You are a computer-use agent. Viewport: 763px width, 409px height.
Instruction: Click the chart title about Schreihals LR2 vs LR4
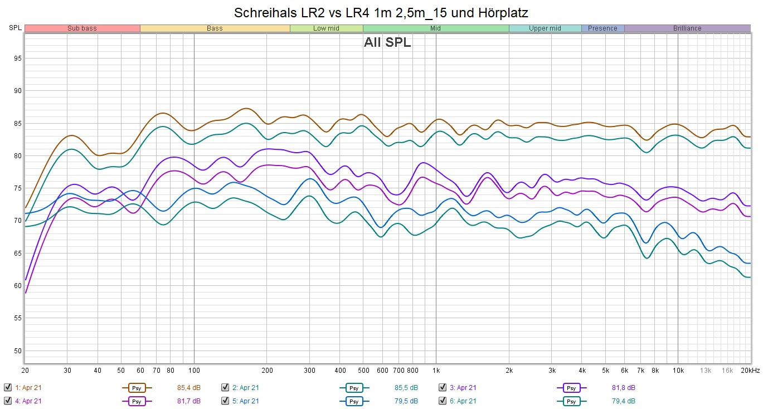(x=381, y=12)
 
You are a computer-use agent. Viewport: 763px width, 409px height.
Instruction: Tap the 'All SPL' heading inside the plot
(x=387, y=43)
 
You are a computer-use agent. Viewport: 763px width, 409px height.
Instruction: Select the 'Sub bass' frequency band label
(x=82, y=28)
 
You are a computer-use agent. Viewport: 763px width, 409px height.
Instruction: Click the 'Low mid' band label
(x=327, y=28)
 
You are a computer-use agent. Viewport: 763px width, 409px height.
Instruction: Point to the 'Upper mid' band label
(x=545, y=28)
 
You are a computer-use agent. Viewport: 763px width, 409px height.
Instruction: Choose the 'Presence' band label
(x=602, y=28)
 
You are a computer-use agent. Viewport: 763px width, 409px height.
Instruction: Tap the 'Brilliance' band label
(x=687, y=28)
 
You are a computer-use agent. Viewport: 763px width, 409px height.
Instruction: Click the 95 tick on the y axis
(x=18, y=59)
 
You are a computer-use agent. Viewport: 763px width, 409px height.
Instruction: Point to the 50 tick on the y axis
(x=18, y=351)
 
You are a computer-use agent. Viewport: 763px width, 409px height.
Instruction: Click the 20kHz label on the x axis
(x=749, y=371)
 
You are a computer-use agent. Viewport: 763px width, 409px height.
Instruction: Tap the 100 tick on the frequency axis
(x=194, y=371)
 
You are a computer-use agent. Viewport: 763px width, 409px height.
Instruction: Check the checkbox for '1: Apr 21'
(x=8, y=387)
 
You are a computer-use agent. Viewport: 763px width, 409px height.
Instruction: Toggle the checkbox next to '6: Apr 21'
(x=443, y=401)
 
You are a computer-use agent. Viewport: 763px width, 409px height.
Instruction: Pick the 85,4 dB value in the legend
(x=188, y=387)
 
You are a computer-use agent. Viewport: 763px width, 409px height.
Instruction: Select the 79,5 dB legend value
(x=406, y=401)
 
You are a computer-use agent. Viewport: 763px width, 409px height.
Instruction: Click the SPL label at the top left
(x=15, y=28)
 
